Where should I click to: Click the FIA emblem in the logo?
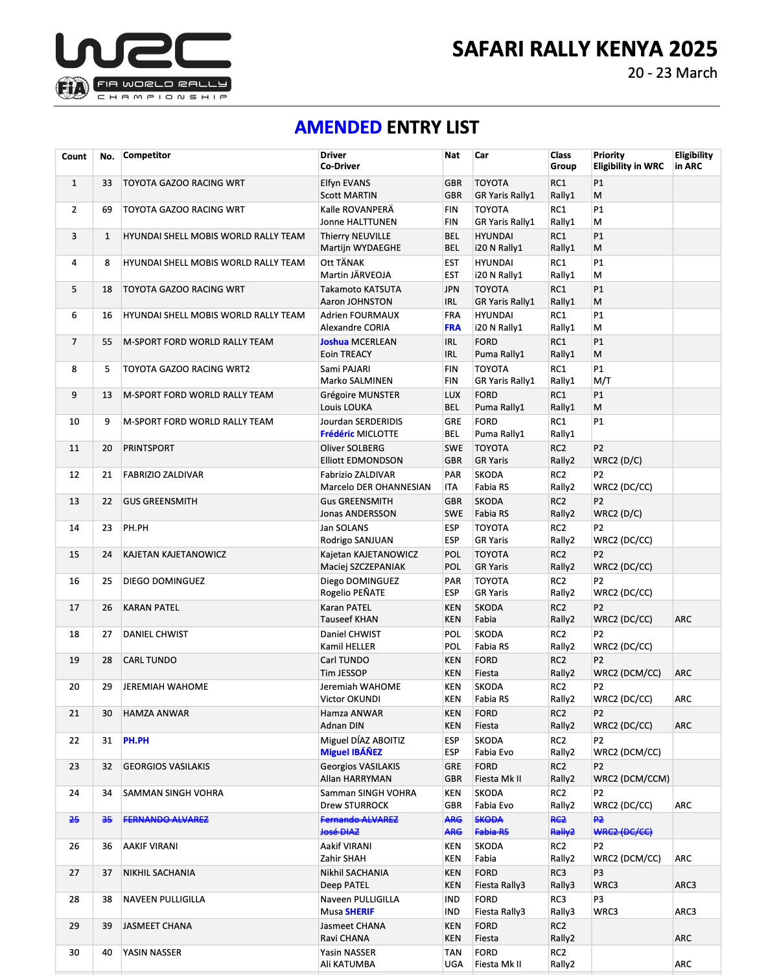point(72,88)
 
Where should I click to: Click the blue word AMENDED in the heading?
point(338,128)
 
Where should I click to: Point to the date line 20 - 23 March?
point(672,73)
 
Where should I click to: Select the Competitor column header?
point(147,156)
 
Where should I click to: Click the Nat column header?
point(452,156)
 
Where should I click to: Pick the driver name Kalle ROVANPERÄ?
point(356,210)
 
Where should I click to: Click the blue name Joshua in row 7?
point(334,342)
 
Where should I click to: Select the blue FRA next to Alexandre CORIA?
point(452,328)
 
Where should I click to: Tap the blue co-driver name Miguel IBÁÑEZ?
point(351,753)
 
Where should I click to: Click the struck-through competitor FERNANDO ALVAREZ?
point(166,820)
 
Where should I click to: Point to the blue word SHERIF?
point(360,912)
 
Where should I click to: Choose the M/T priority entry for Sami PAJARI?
point(602,381)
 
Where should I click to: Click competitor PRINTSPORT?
point(148,449)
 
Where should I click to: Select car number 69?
point(107,210)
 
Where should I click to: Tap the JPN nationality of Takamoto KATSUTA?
point(452,290)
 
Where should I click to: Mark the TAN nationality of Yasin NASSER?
point(453,953)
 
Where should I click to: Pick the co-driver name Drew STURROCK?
point(355,806)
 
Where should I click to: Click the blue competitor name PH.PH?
point(136,741)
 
